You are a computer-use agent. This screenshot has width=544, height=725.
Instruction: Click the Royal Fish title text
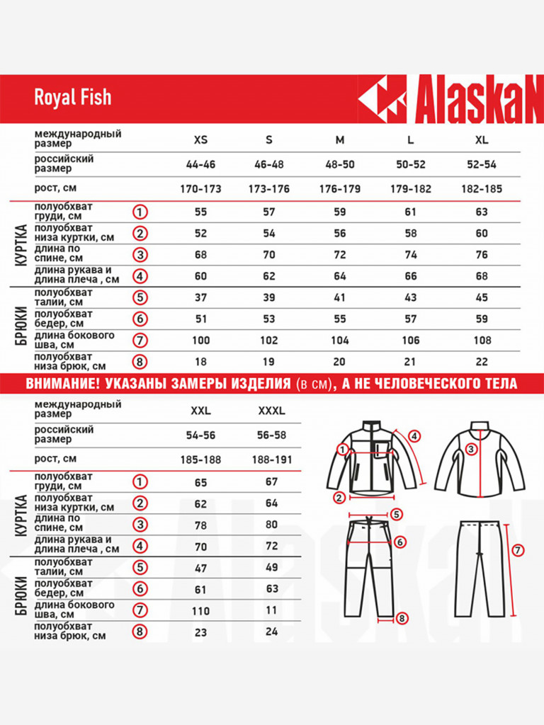[x=72, y=97]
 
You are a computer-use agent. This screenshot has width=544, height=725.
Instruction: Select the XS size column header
[x=200, y=139]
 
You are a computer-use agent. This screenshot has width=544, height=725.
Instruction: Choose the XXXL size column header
[x=271, y=410]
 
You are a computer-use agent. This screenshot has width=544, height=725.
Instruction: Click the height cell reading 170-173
[x=200, y=189]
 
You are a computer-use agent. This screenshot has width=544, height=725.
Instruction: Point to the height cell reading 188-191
[x=272, y=459]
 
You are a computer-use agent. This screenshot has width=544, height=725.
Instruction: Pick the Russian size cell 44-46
[x=200, y=164]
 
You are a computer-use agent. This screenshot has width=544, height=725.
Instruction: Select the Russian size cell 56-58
[x=271, y=435]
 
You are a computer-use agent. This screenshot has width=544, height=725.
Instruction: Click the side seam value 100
[x=200, y=341]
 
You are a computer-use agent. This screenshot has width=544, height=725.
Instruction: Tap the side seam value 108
[x=482, y=341]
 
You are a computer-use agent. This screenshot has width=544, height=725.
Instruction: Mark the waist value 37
[x=200, y=297]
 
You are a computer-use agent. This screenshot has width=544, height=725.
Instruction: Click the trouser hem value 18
[x=200, y=362]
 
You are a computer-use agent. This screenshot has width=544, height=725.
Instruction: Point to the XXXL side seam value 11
[x=271, y=610]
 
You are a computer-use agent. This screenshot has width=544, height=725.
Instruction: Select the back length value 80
[x=271, y=525]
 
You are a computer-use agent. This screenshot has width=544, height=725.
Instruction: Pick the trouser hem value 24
[x=271, y=632]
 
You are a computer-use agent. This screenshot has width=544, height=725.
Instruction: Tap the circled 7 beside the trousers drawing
[x=518, y=549]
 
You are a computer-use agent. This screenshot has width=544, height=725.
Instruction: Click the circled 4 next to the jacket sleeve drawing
[x=414, y=436]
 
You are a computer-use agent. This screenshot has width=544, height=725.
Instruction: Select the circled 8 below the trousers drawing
[x=402, y=618]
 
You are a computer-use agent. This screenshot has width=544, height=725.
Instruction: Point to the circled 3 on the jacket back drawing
[x=471, y=448]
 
